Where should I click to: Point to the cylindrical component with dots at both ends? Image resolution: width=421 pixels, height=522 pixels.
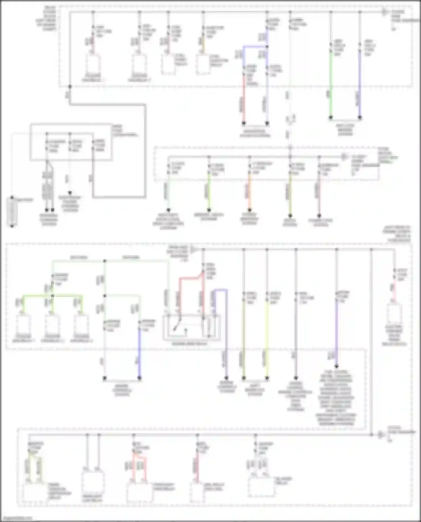(x=12, y=212)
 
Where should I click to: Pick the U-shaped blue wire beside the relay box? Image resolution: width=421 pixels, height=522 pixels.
(x=220, y=292)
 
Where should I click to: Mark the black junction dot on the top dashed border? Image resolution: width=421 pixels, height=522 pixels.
(x=70, y=87)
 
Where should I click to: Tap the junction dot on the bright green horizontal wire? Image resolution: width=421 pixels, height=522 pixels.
(x=52, y=295)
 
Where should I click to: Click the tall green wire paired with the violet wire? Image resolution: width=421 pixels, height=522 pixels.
(x=331, y=84)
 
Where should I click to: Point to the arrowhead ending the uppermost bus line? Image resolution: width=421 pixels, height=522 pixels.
(x=385, y=12)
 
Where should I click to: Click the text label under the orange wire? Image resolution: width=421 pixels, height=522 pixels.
(x=250, y=219)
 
